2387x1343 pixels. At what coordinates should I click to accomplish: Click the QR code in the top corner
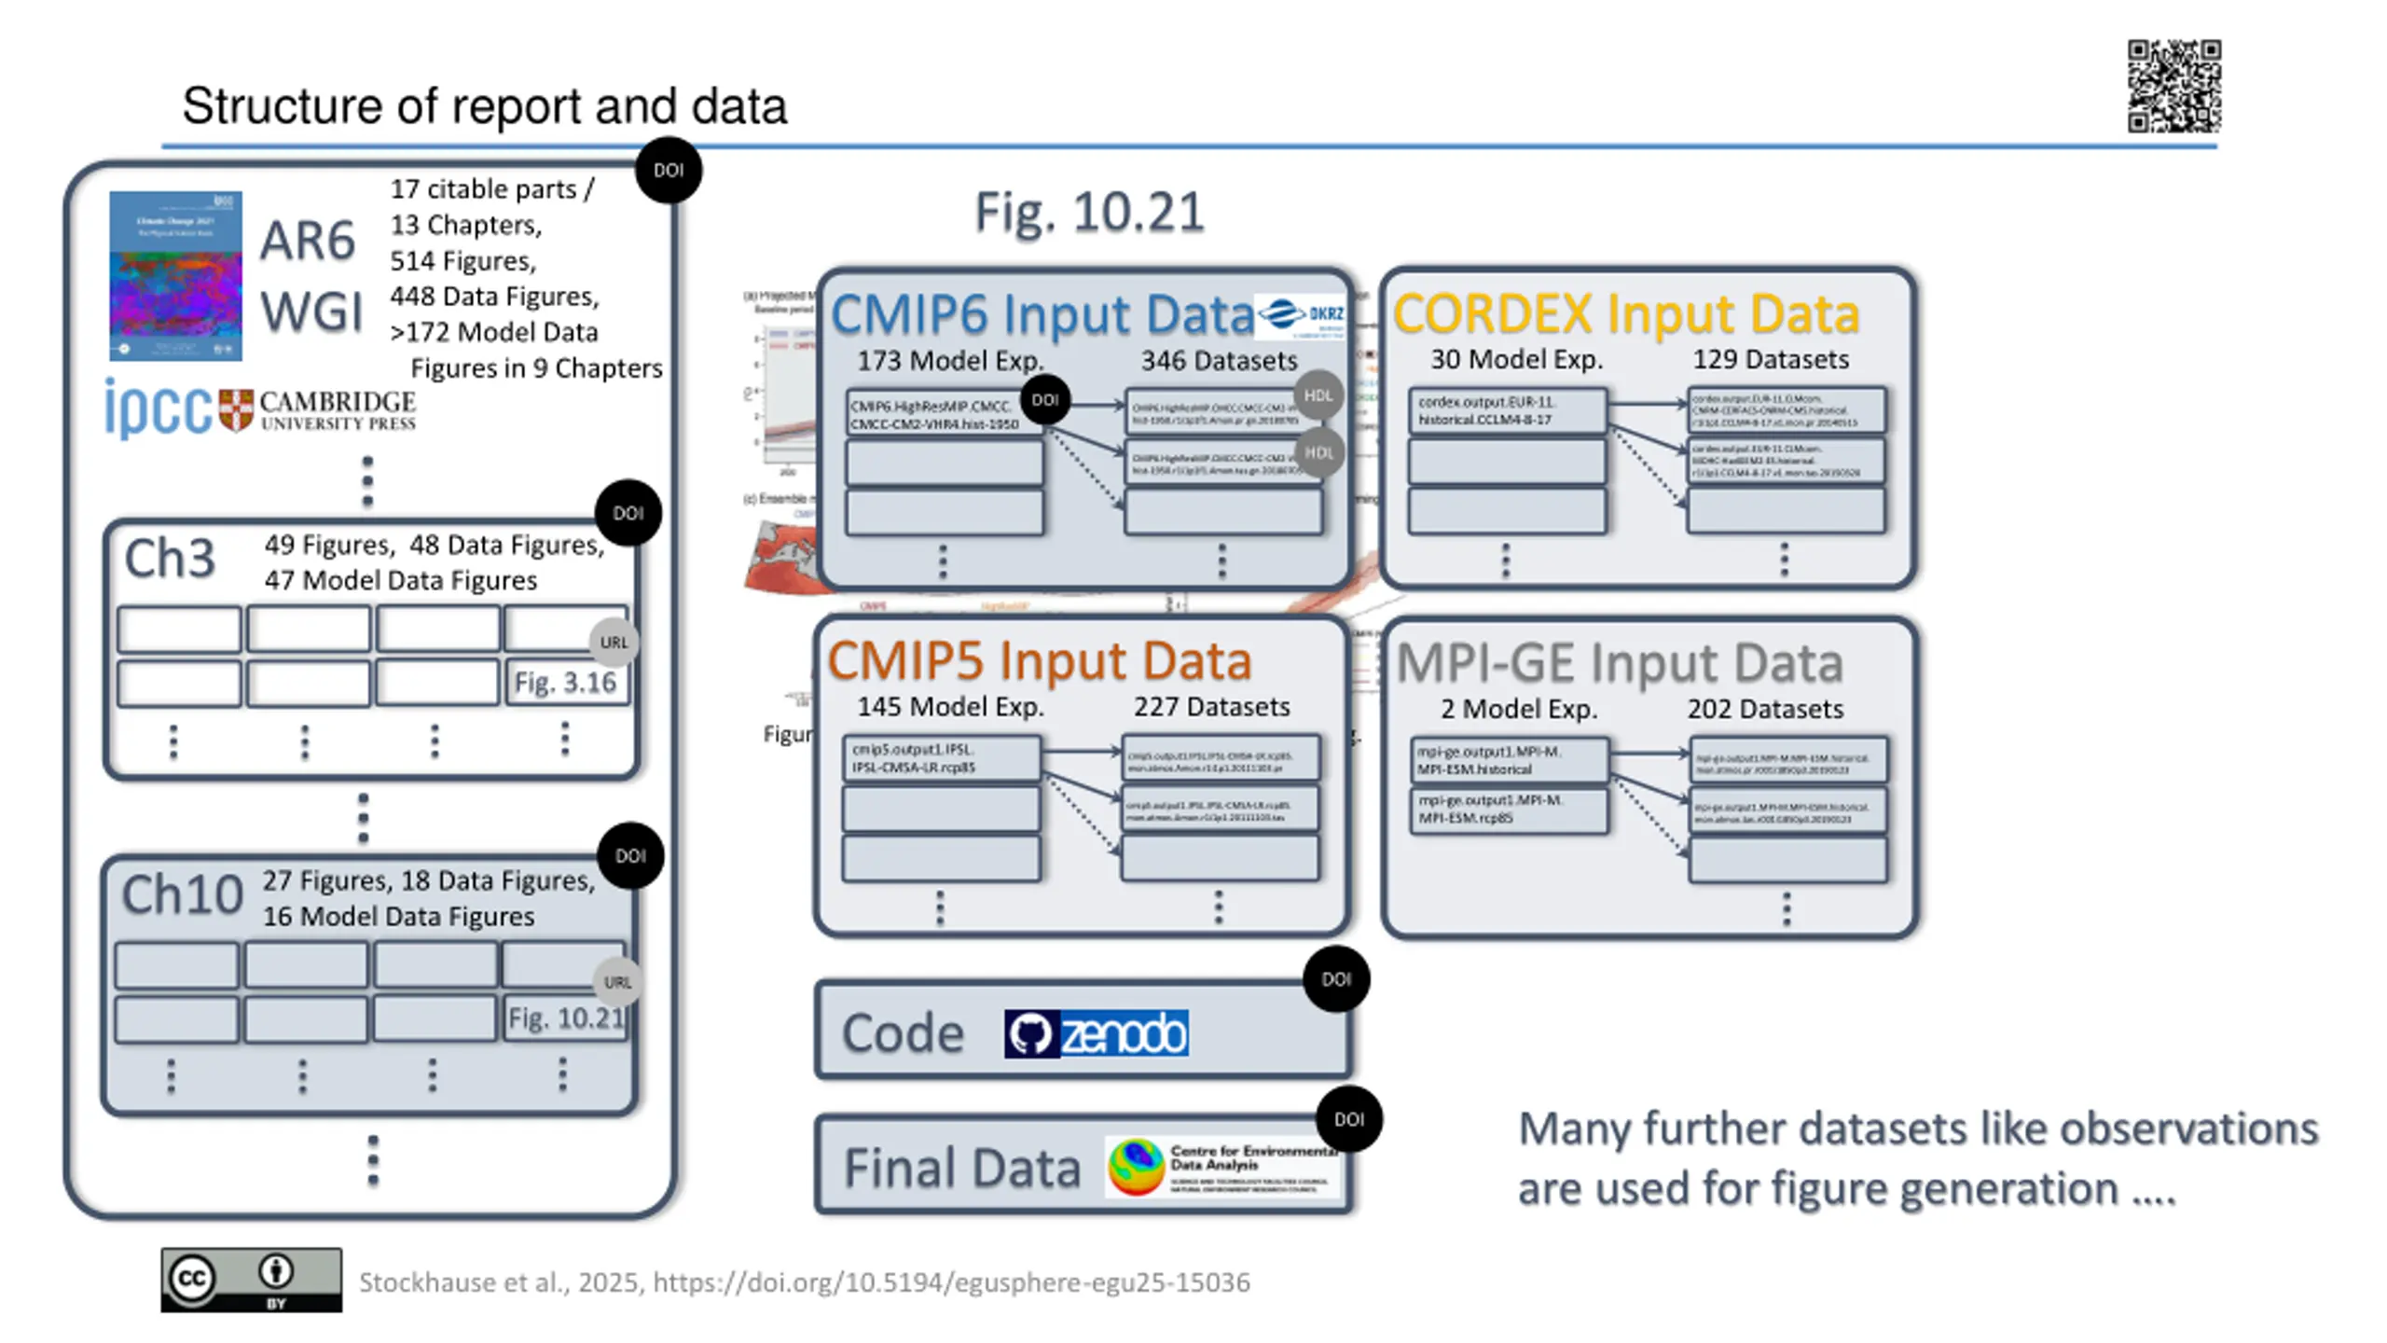(x=2173, y=86)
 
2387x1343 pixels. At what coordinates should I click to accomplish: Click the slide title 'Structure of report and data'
(x=484, y=105)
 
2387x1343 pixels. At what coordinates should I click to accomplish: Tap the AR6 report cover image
(x=175, y=276)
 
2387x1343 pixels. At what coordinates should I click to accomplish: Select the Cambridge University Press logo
(x=317, y=410)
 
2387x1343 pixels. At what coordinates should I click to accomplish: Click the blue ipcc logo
(x=158, y=408)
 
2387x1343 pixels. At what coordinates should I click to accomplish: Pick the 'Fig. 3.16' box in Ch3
(x=566, y=683)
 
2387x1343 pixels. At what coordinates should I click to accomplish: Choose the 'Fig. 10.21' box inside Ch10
(x=566, y=1018)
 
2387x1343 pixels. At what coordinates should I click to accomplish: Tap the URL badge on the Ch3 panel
(x=614, y=643)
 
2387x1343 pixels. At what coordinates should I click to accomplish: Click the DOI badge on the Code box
(x=1336, y=979)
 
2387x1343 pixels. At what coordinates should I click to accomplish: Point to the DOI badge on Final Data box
(x=1349, y=1119)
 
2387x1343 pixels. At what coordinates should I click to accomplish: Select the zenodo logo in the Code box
(x=1096, y=1033)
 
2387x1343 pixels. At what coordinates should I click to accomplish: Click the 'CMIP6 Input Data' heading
(x=1042, y=314)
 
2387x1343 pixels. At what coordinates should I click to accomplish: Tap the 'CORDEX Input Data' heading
(x=1626, y=313)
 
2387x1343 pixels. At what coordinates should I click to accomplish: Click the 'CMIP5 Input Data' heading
(x=1039, y=660)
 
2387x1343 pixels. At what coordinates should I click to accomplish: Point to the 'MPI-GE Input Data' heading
(x=1620, y=663)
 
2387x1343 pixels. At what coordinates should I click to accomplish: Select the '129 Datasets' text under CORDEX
(x=1771, y=360)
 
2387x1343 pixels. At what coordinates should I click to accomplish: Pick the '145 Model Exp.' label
(x=950, y=707)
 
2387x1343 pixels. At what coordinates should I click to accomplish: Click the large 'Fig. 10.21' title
(x=1089, y=213)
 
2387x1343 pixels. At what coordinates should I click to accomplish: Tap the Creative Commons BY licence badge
(x=251, y=1280)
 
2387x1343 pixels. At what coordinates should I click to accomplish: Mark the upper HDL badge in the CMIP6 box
(x=1318, y=395)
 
